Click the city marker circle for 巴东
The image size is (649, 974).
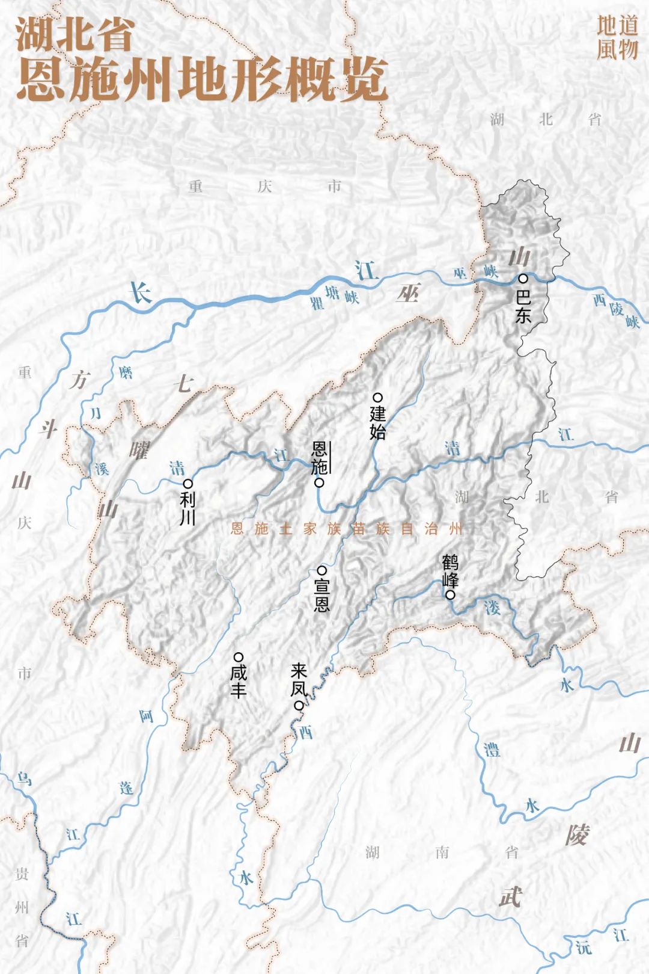click(x=523, y=279)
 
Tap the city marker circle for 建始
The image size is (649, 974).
click(x=378, y=397)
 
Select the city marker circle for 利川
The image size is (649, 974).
click(x=187, y=483)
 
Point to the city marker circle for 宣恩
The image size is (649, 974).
click(x=321, y=570)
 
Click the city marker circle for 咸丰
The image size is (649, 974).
click(x=239, y=656)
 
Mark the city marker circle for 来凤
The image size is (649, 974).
click(x=298, y=706)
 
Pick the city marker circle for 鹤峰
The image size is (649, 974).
click(x=449, y=596)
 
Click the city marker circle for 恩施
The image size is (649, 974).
click(x=320, y=482)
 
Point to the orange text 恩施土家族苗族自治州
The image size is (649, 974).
click(x=347, y=529)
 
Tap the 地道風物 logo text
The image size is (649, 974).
click(x=617, y=38)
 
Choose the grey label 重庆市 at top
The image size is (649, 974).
click(x=264, y=186)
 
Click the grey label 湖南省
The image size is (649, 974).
click(x=442, y=852)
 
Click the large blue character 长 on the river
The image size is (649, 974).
click(x=142, y=293)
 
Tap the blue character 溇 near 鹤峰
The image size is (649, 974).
click(x=492, y=608)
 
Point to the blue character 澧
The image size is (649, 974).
click(x=492, y=750)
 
